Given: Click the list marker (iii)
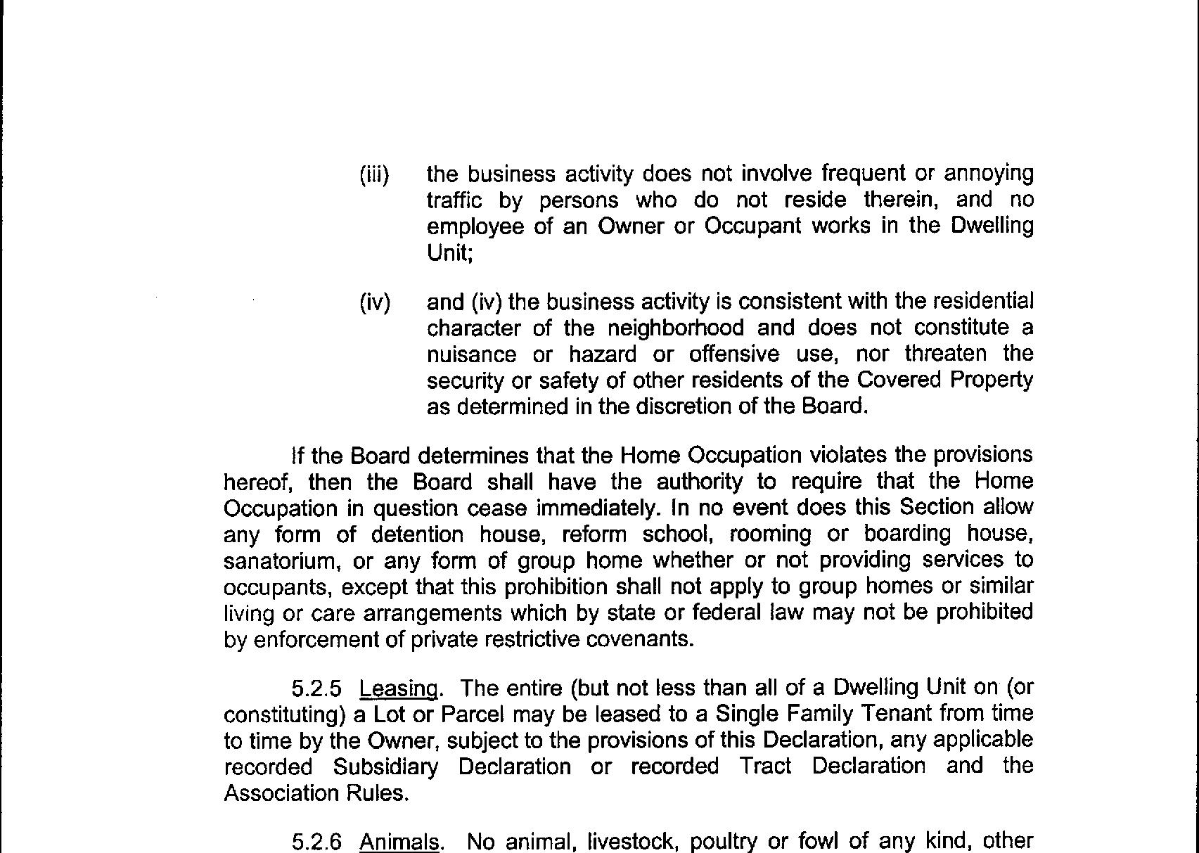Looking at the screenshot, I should coord(374,174).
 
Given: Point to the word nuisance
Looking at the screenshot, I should coord(471,354).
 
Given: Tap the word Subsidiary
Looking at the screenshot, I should coord(385,767).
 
